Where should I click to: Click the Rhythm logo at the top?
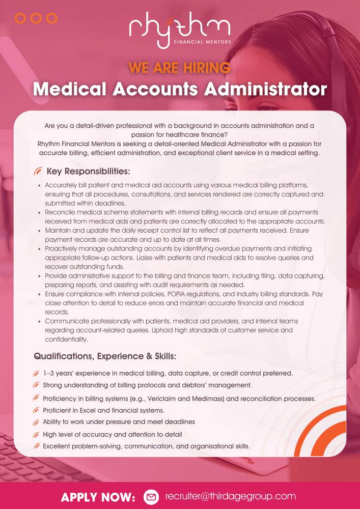[179, 28]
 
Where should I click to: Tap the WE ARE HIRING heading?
[179, 67]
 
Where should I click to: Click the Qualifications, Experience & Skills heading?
[105, 356]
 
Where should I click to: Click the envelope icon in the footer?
[151, 496]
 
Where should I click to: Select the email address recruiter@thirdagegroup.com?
[230, 496]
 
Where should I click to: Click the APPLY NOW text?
[98, 497]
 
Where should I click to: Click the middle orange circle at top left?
[36, 18]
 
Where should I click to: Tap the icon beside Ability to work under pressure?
[36, 422]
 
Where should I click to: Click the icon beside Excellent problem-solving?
[36, 446]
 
